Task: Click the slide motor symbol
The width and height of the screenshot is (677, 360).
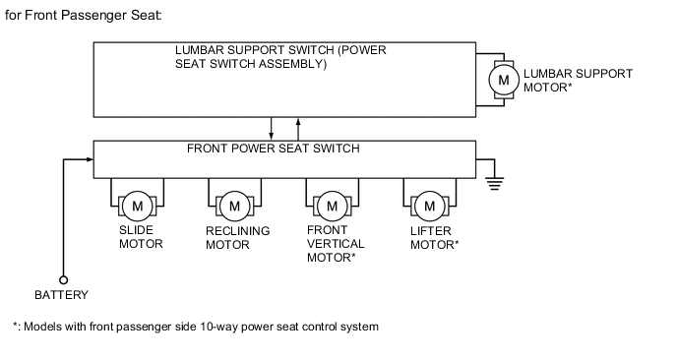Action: pos(138,206)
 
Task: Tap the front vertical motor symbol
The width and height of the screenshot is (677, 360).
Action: pos(332,206)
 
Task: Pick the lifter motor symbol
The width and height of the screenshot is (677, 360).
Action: pos(430,206)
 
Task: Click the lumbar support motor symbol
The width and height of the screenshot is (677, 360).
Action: pos(504,80)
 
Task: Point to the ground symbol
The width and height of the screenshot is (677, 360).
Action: pos(495,183)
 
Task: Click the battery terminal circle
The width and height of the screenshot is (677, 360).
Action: pos(63,280)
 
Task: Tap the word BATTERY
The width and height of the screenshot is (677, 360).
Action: pos(61,295)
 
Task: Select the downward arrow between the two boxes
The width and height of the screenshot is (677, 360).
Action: pos(272,129)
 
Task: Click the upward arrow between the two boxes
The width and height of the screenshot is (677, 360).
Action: pos(298,129)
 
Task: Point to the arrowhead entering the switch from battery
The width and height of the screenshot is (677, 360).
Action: pos(90,159)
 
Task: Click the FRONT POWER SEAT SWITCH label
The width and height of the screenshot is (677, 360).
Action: pos(274,149)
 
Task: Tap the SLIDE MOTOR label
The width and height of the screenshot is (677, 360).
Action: pos(141,237)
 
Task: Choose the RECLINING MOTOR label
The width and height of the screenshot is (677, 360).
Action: pos(238,238)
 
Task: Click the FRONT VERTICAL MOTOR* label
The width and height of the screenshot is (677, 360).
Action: pos(336,244)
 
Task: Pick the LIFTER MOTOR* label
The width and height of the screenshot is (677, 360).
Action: pos(434,238)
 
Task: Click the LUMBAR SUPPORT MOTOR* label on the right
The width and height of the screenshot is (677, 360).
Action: pos(579,81)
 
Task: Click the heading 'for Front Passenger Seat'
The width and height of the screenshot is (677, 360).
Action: pos(84,16)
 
